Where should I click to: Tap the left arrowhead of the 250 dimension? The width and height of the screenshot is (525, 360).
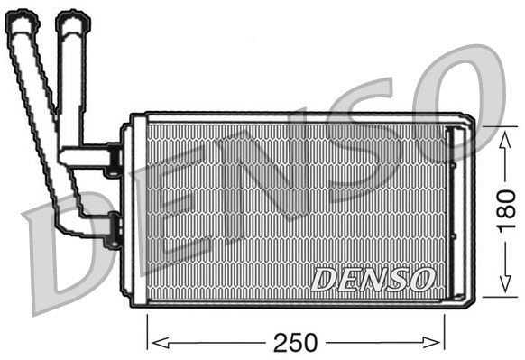[152, 342]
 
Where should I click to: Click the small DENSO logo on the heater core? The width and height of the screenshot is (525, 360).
[373, 279]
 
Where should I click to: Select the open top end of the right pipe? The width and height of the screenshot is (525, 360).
[72, 18]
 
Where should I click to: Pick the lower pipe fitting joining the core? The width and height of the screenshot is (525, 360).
[112, 229]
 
